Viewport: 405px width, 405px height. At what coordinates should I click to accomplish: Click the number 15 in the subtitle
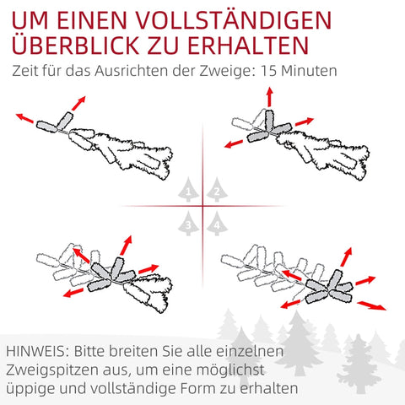coord(273,71)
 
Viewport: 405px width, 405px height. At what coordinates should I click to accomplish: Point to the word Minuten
coord(311,71)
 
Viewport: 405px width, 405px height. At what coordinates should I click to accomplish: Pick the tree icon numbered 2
coord(217,192)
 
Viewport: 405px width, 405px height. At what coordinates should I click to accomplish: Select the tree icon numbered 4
coord(217,224)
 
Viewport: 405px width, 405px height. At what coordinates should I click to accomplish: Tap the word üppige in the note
coord(31,389)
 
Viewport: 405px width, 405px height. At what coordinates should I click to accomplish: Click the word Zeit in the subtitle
coord(29,71)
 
